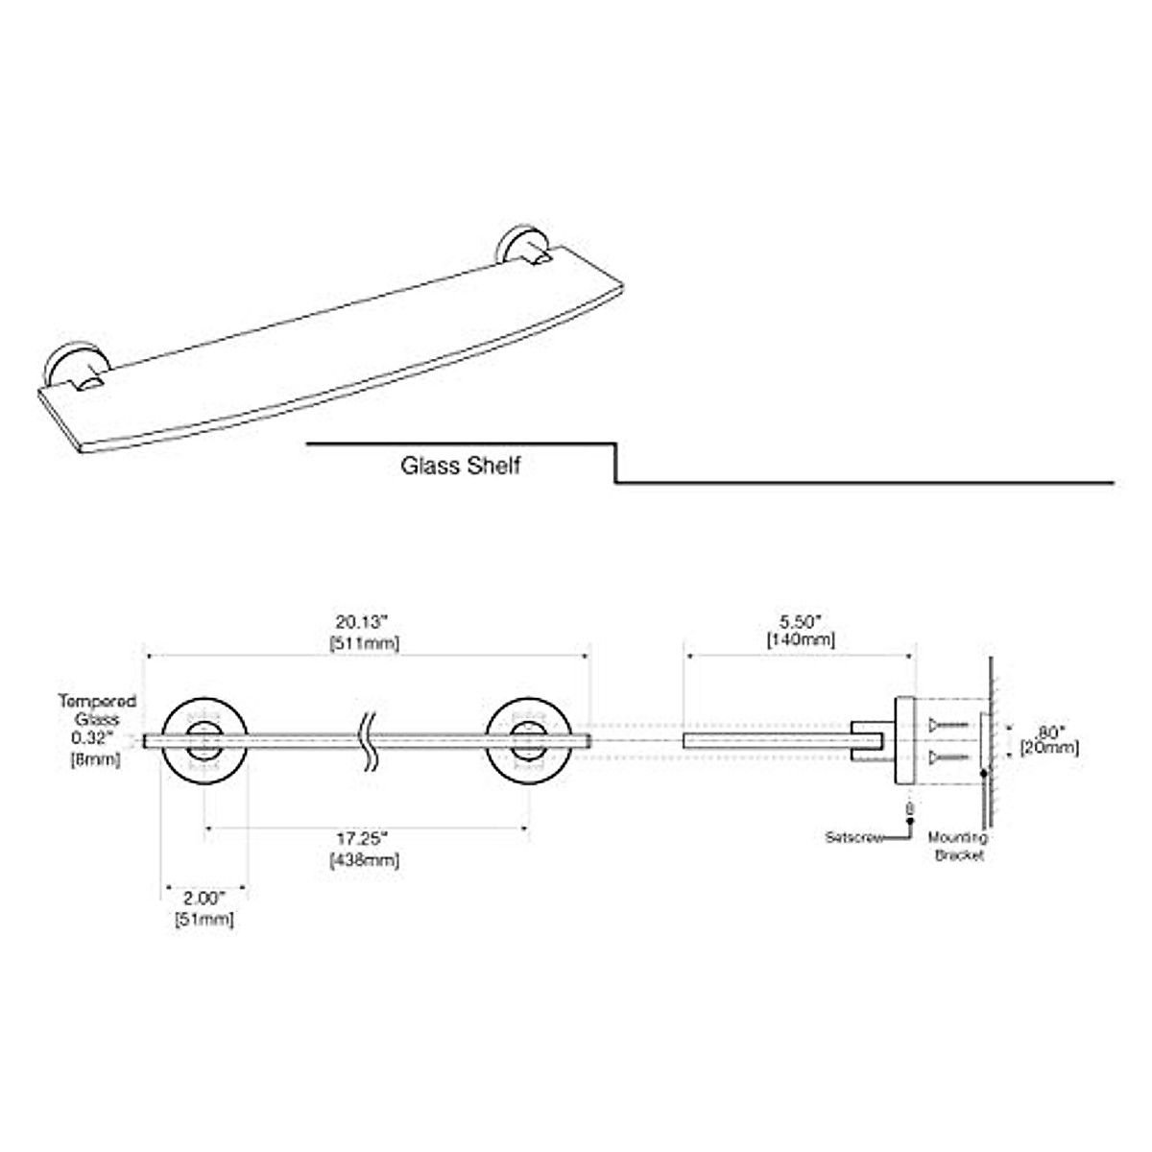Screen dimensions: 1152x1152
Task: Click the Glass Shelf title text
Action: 460,467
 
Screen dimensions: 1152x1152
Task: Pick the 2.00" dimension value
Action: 204,900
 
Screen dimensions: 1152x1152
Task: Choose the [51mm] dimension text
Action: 204,920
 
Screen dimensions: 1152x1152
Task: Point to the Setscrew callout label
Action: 854,837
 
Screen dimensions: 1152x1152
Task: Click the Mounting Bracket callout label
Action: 957,847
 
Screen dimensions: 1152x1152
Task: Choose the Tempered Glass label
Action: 96,709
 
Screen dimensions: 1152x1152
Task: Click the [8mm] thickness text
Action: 94,760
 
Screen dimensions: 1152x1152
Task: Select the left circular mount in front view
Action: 204,740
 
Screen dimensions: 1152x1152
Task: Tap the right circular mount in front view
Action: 528,740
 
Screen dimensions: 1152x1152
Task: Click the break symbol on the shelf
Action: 369,740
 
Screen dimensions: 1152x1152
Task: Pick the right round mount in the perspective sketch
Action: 518,247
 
